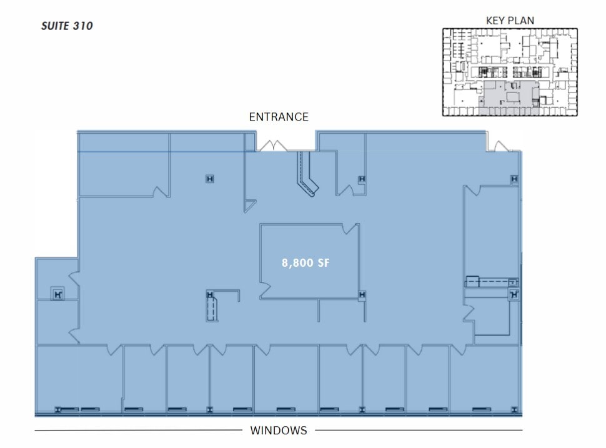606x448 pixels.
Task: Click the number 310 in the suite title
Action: (x=81, y=26)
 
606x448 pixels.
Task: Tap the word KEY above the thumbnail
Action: (x=496, y=20)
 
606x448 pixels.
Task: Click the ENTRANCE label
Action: (x=279, y=117)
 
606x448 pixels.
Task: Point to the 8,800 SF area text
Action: (x=305, y=263)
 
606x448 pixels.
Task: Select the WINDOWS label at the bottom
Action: (x=279, y=431)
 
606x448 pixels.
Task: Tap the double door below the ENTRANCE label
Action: (x=272, y=146)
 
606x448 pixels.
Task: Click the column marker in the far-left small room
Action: (x=57, y=293)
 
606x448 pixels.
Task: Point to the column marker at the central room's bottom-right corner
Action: (x=361, y=295)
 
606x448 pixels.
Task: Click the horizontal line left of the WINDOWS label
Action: (x=137, y=431)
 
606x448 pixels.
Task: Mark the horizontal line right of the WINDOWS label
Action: (x=419, y=431)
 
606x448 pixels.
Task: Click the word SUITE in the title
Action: (x=54, y=26)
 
